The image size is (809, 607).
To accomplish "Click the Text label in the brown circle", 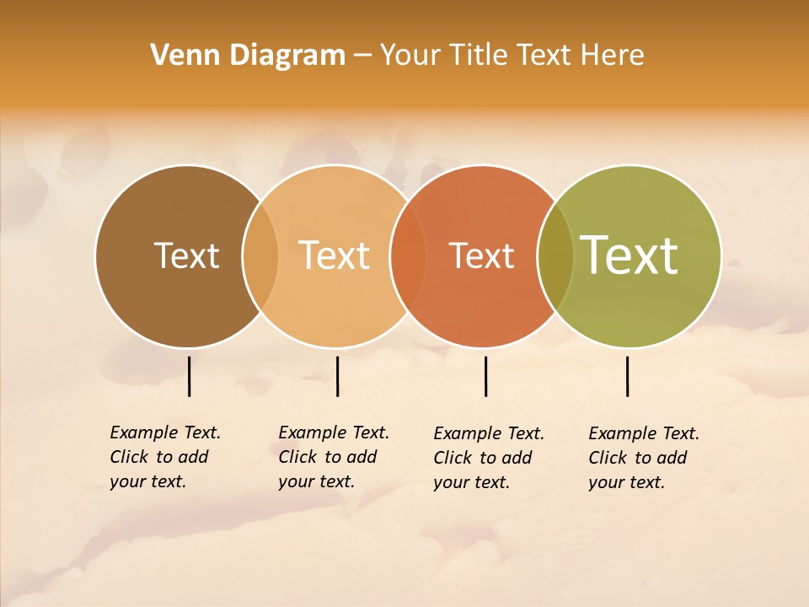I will coord(186,255).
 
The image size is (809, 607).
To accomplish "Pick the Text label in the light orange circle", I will coord(335,255).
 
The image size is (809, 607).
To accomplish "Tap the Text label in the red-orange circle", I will coord(481,255).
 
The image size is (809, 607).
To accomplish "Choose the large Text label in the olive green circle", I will coord(630,255).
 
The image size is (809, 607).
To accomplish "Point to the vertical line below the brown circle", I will coord(189,376).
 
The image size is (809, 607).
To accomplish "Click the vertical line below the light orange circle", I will coord(337,376).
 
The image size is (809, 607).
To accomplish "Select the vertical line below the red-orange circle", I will coord(485,376).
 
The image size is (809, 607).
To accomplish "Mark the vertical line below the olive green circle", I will coord(627,376).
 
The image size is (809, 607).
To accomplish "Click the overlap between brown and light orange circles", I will coord(260,256).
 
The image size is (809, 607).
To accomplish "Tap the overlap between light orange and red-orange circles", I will coord(408,256).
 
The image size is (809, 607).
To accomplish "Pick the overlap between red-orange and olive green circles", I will coord(555,256).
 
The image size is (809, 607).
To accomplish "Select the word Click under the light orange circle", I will coord(297,457).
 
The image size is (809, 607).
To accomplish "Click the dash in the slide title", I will coord(362,56).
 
